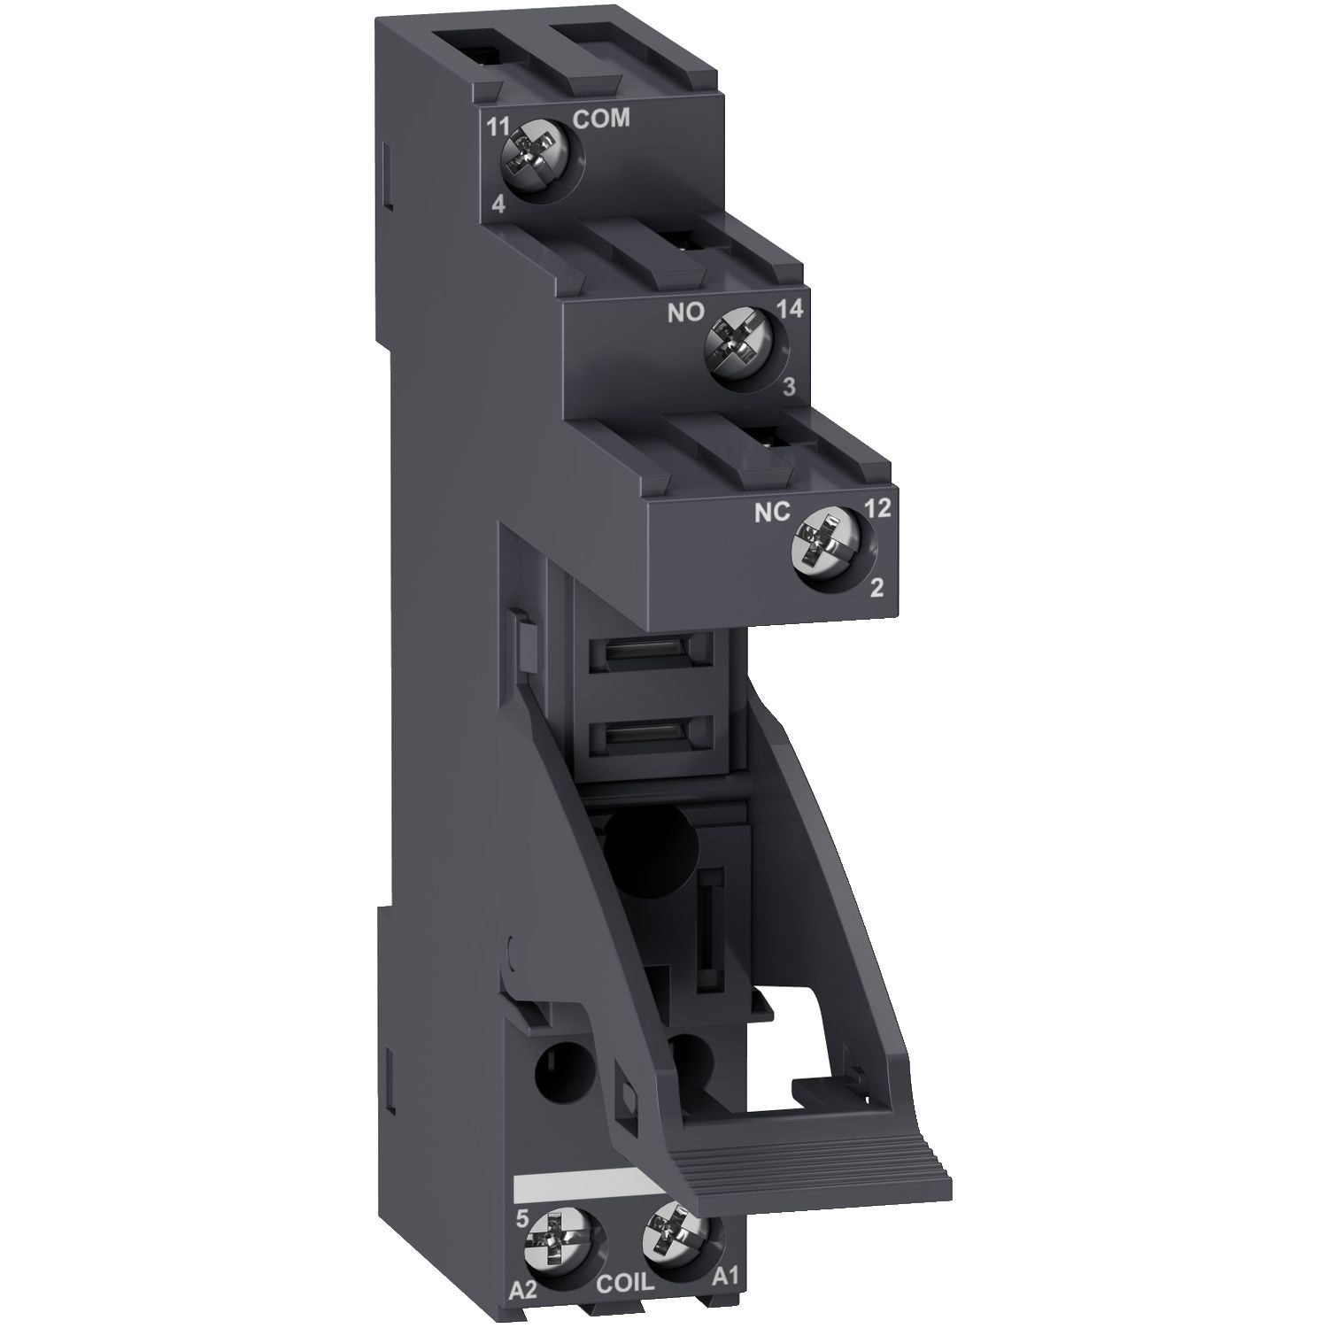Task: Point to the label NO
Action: point(684,312)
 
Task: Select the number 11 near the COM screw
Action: point(498,125)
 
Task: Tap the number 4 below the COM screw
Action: point(498,205)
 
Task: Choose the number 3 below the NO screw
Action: point(789,387)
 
